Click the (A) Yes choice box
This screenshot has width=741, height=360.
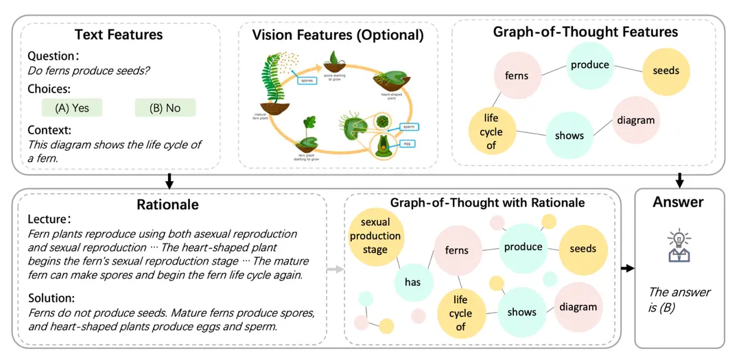tap(71, 108)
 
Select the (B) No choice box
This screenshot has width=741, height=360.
tap(165, 108)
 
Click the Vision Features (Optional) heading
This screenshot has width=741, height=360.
tap(338, 34)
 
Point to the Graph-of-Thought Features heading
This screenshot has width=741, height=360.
tap(585, 32)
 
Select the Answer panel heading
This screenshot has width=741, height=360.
tap(678, 202)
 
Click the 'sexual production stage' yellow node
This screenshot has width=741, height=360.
tap(375, 236)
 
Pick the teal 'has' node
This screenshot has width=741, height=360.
tap(412, 282)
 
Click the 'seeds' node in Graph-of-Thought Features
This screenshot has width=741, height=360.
tap(666, 70)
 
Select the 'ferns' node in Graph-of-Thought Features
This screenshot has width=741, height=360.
tap(516, 75)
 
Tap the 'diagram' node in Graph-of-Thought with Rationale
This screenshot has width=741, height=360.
tap(578, 307)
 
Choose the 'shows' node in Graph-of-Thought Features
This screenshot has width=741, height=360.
tap(569, 135)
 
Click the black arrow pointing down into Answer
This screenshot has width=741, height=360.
tap(679, 180)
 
